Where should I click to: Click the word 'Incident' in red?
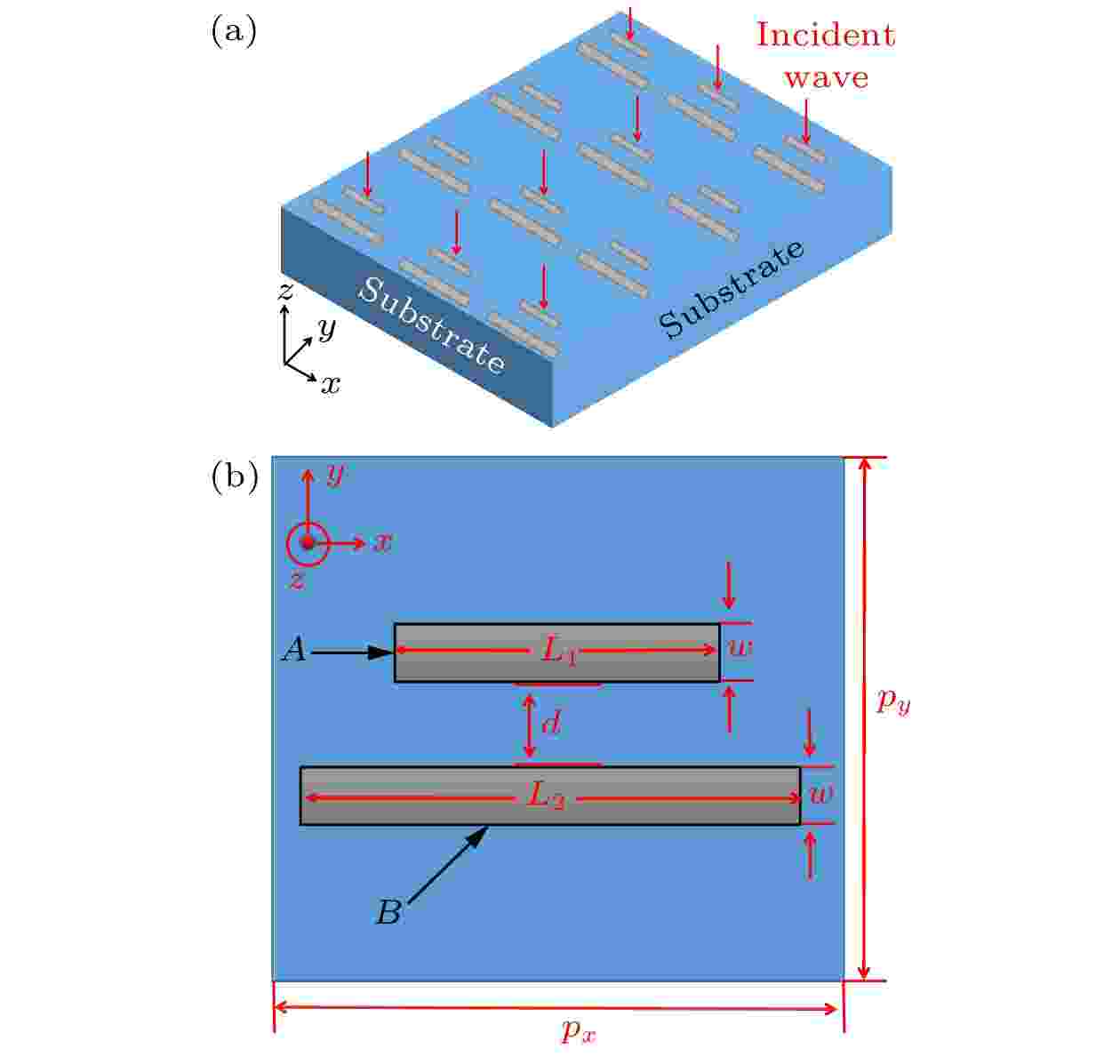825,35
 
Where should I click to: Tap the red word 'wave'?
827,77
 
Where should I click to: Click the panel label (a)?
234,31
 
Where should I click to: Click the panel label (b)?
235,477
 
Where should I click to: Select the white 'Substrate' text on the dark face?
432,325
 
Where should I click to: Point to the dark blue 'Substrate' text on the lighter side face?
732,290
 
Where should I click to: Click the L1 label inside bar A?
559,651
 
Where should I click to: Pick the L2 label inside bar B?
546,797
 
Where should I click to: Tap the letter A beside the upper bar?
295,649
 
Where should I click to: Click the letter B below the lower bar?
389,912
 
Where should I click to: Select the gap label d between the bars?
551,722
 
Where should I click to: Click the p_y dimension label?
893,701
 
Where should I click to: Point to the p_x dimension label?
579,1030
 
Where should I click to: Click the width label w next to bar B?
821,796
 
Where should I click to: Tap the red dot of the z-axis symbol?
308,543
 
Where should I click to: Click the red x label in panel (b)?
382,542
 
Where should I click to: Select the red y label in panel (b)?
335,475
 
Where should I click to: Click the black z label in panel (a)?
286,291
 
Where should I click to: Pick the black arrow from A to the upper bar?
352,653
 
